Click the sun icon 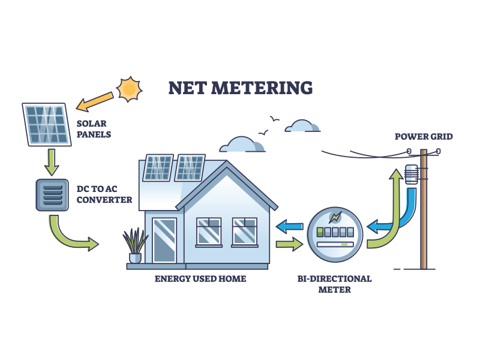(129, 89)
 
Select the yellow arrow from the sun (95, 101)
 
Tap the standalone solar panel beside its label (47, 124)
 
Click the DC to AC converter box (52, 195)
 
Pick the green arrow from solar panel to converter (52, 162)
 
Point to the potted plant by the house (135, 245)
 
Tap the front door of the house (164, 241)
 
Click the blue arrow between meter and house (289, 227)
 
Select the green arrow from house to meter (289, 244)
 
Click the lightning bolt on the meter (335, 217)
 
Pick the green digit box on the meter (320, 232)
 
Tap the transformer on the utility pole (412, 175)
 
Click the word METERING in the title (262, 88)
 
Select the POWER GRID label (424, 137)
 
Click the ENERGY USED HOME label (200, 279)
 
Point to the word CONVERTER (104, 200)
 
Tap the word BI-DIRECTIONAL (335, 279)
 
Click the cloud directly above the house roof (242, 145)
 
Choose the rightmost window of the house (245, 232)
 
